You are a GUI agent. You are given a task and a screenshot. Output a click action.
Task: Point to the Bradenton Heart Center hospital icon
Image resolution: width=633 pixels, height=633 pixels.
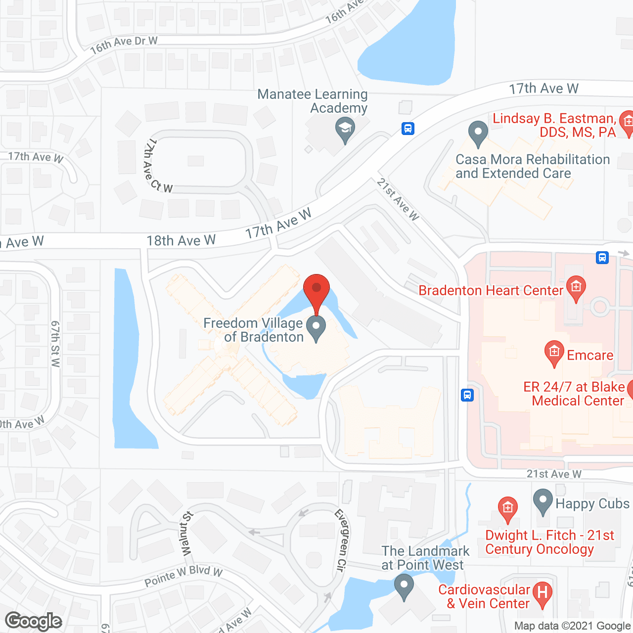click(x=576, y=287)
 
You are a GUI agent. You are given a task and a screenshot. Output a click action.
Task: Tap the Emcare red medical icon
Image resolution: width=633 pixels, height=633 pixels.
click(x=554, y=352)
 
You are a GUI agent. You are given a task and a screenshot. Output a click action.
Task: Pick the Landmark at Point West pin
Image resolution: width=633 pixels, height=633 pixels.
click(x=404, y=587)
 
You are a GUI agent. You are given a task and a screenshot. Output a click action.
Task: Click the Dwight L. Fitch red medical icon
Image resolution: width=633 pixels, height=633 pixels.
click(x=507, y=508)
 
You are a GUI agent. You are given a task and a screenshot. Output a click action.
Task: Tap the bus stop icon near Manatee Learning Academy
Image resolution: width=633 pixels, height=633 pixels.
click(x=407, y=129)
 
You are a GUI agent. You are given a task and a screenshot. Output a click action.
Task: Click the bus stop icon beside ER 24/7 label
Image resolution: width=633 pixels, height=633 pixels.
click(x=467, y=395)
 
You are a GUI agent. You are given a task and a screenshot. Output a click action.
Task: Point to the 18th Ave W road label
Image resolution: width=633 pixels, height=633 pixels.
click(x=181, y=241)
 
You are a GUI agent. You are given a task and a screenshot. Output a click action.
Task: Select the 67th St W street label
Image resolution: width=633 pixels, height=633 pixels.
click(x=55, y=344)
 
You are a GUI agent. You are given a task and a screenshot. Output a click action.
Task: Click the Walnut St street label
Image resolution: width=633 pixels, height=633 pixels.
click(x=186, y=534)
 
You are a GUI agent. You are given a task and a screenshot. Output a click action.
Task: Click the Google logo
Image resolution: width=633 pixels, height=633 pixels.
click(x=34, y=621)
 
